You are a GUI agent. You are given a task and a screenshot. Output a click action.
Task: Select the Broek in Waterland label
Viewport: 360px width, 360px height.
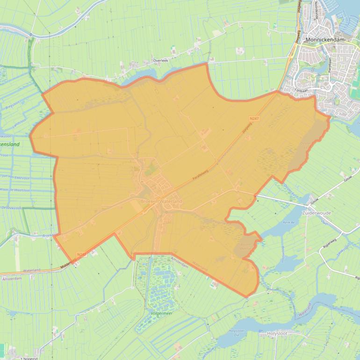[x=161, y=201]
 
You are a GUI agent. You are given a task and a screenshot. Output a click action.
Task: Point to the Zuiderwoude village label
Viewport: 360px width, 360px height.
[x=317, y=212]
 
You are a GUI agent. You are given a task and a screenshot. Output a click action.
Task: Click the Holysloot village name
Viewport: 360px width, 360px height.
[x=277, y=333]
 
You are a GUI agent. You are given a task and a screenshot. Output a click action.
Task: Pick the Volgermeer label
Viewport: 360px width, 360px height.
[x=162, y=313]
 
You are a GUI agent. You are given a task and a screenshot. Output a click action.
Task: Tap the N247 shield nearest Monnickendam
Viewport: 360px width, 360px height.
[x=254, y=119]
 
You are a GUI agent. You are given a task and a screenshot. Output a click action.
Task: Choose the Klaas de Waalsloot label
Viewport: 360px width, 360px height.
[x=15, y=190]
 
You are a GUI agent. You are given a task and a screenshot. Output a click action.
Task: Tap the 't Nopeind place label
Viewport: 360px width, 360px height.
[x=27, y=358]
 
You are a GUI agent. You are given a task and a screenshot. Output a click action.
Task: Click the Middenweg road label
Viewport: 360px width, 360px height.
[x=68, y=263]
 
